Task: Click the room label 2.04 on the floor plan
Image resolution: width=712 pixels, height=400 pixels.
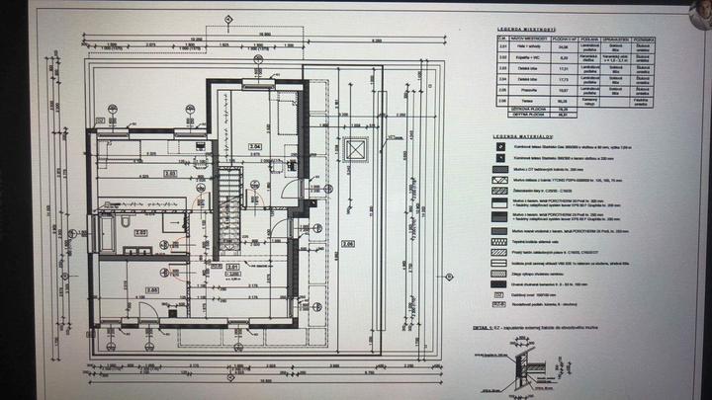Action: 255,146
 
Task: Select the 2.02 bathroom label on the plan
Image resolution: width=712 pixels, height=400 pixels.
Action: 140,232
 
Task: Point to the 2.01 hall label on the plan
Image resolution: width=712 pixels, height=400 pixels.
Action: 233,267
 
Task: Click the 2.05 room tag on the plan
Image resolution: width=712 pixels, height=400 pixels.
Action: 151,289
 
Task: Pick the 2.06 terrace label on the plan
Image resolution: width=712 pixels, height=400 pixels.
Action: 348,243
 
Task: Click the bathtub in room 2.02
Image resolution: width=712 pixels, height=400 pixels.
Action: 108,235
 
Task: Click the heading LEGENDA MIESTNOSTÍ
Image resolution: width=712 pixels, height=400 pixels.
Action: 524,30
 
